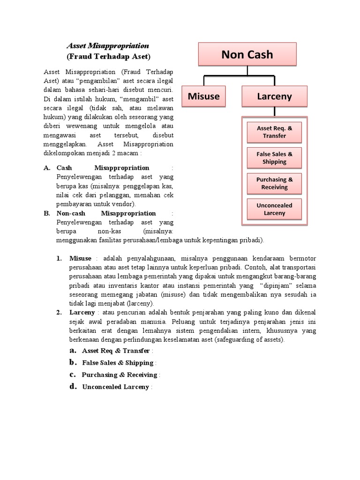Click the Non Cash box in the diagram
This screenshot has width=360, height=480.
tap(247, 54)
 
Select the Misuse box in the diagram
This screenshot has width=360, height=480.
tap(203, 97)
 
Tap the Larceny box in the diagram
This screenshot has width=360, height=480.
tap(274, 97)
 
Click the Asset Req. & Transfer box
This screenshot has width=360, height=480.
tap(274, 132)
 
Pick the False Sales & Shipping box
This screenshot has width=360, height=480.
tap(274, 158)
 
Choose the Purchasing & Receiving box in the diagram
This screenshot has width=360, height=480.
tap(274, 183)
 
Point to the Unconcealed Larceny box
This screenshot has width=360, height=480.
tap(274, 209)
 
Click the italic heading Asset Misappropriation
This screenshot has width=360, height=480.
tap(108, 46)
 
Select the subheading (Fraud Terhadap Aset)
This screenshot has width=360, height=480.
tap(108, 57)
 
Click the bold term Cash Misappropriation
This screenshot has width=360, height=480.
tap(103, 168)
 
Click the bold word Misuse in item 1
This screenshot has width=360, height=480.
tap(81, 258)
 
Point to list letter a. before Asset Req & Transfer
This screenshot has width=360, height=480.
tap(73, 351)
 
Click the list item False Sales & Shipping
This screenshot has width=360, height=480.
tap(118, 363)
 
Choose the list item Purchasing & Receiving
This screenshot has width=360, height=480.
tap(120, 375)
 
